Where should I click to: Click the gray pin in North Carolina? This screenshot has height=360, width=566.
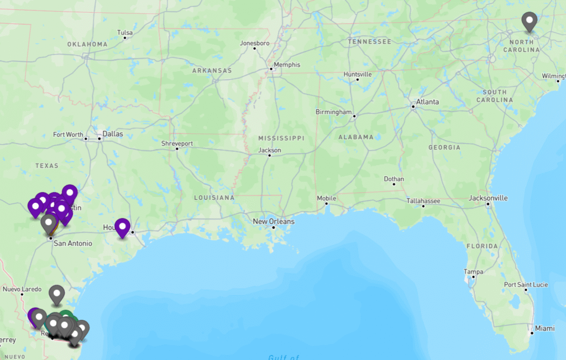tap(530, 22)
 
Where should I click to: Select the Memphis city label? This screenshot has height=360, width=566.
tap(287, 65)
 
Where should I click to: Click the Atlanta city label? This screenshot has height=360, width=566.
tap(427, 102)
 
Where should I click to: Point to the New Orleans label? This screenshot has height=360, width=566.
tap(274, 221)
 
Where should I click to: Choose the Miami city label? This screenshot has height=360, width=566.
tap(544, 328)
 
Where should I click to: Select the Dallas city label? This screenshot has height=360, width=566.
tap(112, 134)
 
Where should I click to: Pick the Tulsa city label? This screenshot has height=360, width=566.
tap(125, 33)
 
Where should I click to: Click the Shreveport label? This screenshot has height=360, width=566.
tap(177, 144)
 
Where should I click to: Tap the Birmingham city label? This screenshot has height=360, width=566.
tap(333, 112)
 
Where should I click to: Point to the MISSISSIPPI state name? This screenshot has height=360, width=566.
tap(281, 137)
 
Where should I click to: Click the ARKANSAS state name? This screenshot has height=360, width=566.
tap(212, 71)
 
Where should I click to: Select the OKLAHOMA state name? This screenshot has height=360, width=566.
tap(87, 44)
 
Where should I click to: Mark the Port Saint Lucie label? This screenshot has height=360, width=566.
tap(526, 284)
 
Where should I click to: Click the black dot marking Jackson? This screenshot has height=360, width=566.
tap(269, 156)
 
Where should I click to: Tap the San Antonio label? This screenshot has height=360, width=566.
tap(72, 243)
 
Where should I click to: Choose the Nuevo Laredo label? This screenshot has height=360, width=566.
tap(22, 289)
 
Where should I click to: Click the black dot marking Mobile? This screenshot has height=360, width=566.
tap(327, 204)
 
